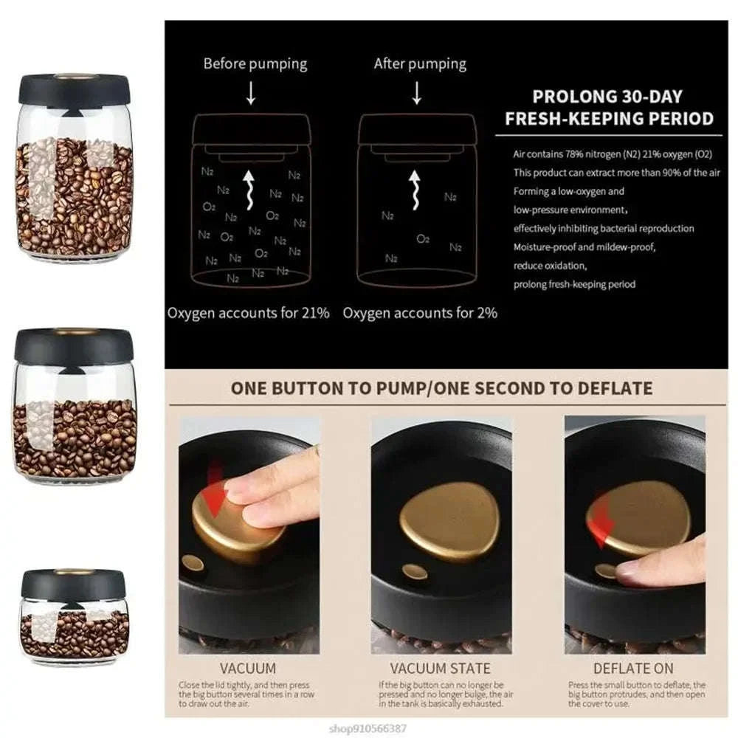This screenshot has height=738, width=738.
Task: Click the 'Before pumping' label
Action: [255, 63]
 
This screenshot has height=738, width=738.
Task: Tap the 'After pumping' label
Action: [420, 63]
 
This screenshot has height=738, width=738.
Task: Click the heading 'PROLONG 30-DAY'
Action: [607, 96]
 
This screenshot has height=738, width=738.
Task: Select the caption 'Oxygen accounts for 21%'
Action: [248, 313]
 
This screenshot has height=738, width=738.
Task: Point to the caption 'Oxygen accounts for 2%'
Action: [420, 313]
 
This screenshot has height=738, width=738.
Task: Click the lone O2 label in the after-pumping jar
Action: [423, 239]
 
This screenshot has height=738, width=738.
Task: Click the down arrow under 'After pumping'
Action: [417, 93]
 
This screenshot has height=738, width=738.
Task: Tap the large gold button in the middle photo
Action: [449, 520]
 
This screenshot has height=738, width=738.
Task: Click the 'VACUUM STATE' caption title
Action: [440, 669]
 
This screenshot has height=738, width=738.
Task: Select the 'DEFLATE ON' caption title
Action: [633, 669]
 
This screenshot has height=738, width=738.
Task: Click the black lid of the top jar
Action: [75, 90]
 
